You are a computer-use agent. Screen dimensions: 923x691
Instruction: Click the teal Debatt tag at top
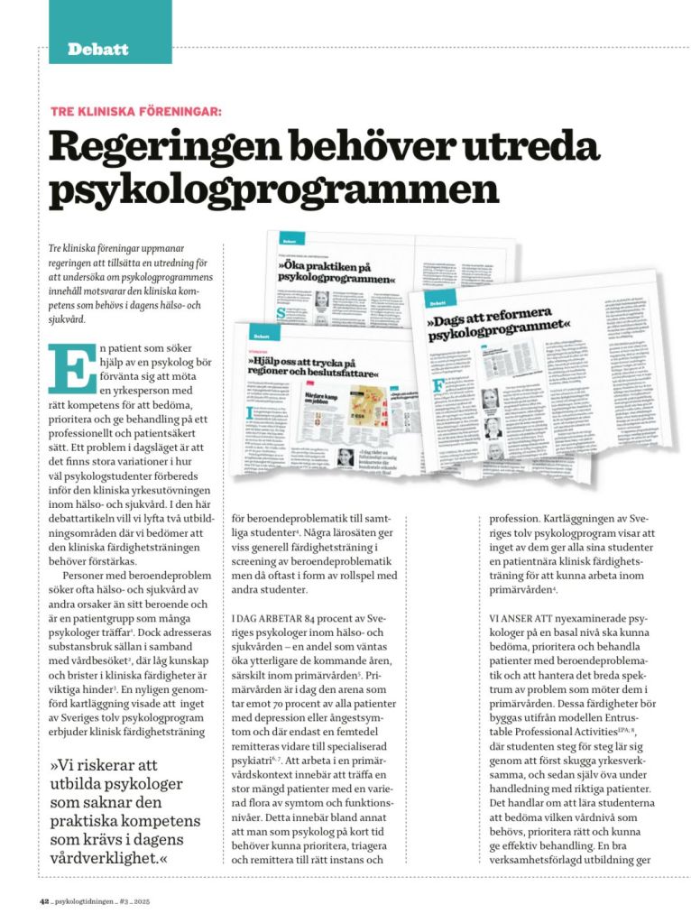(x=98, y=49)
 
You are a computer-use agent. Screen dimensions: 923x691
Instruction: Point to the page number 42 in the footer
(x=43, y=900)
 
